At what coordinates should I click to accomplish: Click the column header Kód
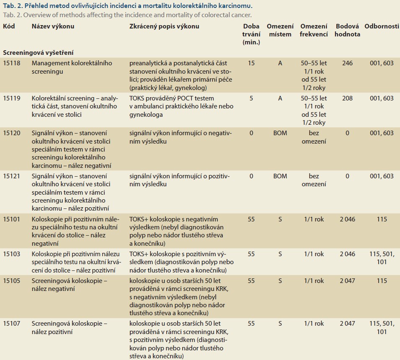[9, 26]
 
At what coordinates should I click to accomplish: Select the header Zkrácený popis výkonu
[164, 26]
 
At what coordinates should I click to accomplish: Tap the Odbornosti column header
[382, 26]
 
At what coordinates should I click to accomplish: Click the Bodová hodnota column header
[348, 30]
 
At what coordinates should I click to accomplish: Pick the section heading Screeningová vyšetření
[38, 53]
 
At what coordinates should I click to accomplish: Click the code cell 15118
[11, 63]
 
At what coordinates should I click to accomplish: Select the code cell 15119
[11, 98]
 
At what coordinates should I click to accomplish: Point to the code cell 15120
[11, 133]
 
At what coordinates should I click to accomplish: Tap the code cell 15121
[11, 176]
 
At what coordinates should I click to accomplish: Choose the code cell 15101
[11, 219]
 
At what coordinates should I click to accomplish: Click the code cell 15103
[11, 254]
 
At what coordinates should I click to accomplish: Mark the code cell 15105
[11, 281]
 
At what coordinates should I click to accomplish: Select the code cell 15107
[11, 324]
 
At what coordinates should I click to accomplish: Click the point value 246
[348, 63]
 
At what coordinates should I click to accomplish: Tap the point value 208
[348, 98]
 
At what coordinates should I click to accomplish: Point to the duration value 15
[251, 63]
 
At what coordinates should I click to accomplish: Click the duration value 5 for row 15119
[251, 98]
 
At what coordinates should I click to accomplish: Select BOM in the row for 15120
[280, 133]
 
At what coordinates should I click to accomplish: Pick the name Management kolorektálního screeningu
[72, 67]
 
